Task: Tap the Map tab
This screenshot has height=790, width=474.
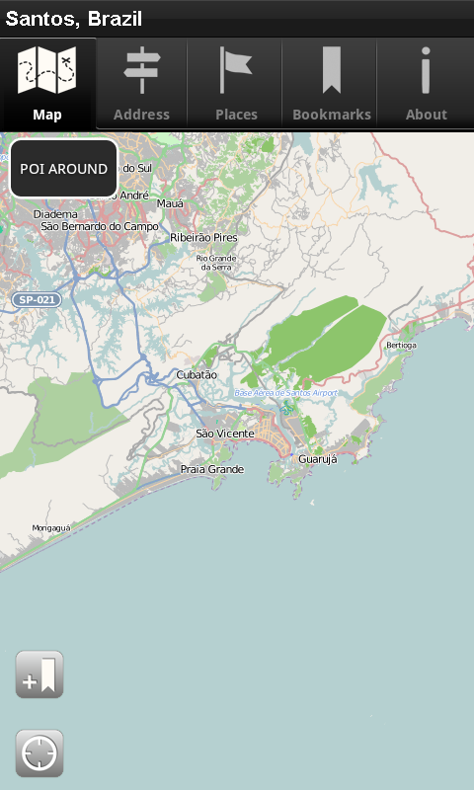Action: [x=47, y=85]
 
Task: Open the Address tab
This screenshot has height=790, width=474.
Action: [x=141, y=85]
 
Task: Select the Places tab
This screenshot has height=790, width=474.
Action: [x=236, y=85]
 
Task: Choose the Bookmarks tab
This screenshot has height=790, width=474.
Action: [x=332, y=85]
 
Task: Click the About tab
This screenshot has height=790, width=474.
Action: [x=426, y=85]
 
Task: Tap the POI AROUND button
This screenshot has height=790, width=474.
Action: [x=64, y=169]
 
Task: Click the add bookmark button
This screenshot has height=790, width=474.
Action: [x=39, y=675]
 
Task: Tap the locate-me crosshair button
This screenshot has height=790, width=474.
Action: [x=39, y=754]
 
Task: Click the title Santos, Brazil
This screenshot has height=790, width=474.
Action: [x=74, y=19]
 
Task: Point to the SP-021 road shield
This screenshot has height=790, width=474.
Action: [x=34, y=299]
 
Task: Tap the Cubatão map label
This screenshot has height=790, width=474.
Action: [x=197, y=375]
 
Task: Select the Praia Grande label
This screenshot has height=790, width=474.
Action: [x=211, y=469]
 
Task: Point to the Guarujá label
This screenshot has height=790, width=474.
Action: [x=317, y=459]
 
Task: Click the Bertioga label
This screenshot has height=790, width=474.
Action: [x=401, y=346]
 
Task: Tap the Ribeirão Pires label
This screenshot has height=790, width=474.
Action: [x=204, y=238]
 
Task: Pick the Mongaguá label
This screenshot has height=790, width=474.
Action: [x=51, y=528]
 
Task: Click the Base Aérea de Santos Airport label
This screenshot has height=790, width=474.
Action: [x=285, y=393]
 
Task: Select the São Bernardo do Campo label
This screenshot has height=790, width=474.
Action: [x=100, y=226]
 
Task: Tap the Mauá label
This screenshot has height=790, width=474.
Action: [x=171, y=203]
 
